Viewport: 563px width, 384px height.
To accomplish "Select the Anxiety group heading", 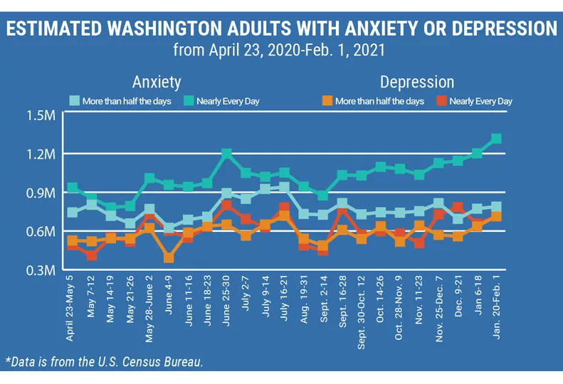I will tap(157, 81).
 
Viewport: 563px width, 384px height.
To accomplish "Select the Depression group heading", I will tap(416, 81).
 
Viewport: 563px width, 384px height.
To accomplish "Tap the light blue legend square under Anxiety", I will tap(73, 101).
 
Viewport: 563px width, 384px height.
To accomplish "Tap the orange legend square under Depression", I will tap(327, 101).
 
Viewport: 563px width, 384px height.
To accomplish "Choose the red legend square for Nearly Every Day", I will tap(441, 101).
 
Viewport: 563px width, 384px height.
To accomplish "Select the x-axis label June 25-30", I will tap(227, 303).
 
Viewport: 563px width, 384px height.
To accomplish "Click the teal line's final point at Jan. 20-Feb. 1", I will tap(497, 139).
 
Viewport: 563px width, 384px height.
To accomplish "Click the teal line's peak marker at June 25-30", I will tap(227, 154).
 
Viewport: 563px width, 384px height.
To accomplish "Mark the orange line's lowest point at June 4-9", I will tap(169, 257).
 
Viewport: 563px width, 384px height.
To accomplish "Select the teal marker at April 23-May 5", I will tap(73, 188).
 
